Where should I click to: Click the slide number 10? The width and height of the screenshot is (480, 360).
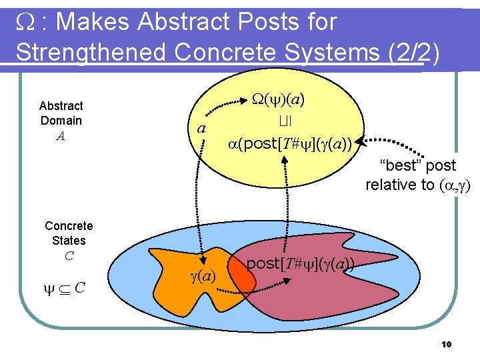447,344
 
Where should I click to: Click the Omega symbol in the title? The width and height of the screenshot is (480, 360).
25,22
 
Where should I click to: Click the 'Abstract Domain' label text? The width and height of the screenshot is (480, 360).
61,113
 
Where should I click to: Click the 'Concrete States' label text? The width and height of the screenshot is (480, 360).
69,233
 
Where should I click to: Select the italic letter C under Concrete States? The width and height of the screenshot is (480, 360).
68,255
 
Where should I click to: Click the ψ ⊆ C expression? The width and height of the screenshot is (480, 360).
63,287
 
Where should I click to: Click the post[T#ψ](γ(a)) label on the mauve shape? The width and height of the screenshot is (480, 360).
300,263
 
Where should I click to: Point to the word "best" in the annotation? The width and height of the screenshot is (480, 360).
400,165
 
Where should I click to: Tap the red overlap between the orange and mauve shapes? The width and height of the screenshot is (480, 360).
245,280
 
